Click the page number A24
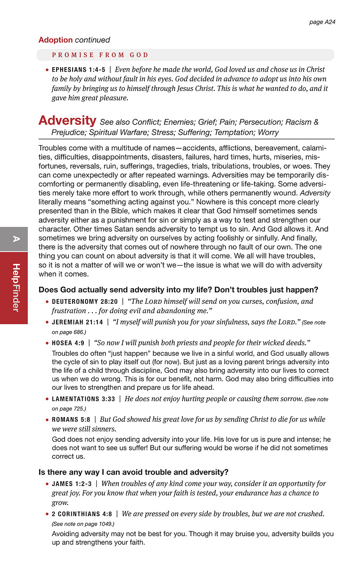[x=322, y=22]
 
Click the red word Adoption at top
[x=55, y=40]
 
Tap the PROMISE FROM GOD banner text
[x=100, y=55]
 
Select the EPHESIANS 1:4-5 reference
[x=78, y=70]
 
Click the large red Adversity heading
[x=67, y=121]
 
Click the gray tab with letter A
[x=14, y=239]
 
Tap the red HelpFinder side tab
[x=14, y=288]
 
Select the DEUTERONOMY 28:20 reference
[x=85, y=302]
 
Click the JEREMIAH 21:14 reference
[x=77, y=323]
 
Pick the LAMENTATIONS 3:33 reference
[x=83, y=399]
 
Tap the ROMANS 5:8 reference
[x=72, y=420]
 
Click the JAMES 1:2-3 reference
[x=72, y=484]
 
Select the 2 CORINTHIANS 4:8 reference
[x=81, y=514]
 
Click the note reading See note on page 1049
[x=83, y=524]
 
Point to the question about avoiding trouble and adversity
[x=134, y=472]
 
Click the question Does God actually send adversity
[x=178, y=289]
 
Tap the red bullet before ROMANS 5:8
[x=47, y=420]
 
